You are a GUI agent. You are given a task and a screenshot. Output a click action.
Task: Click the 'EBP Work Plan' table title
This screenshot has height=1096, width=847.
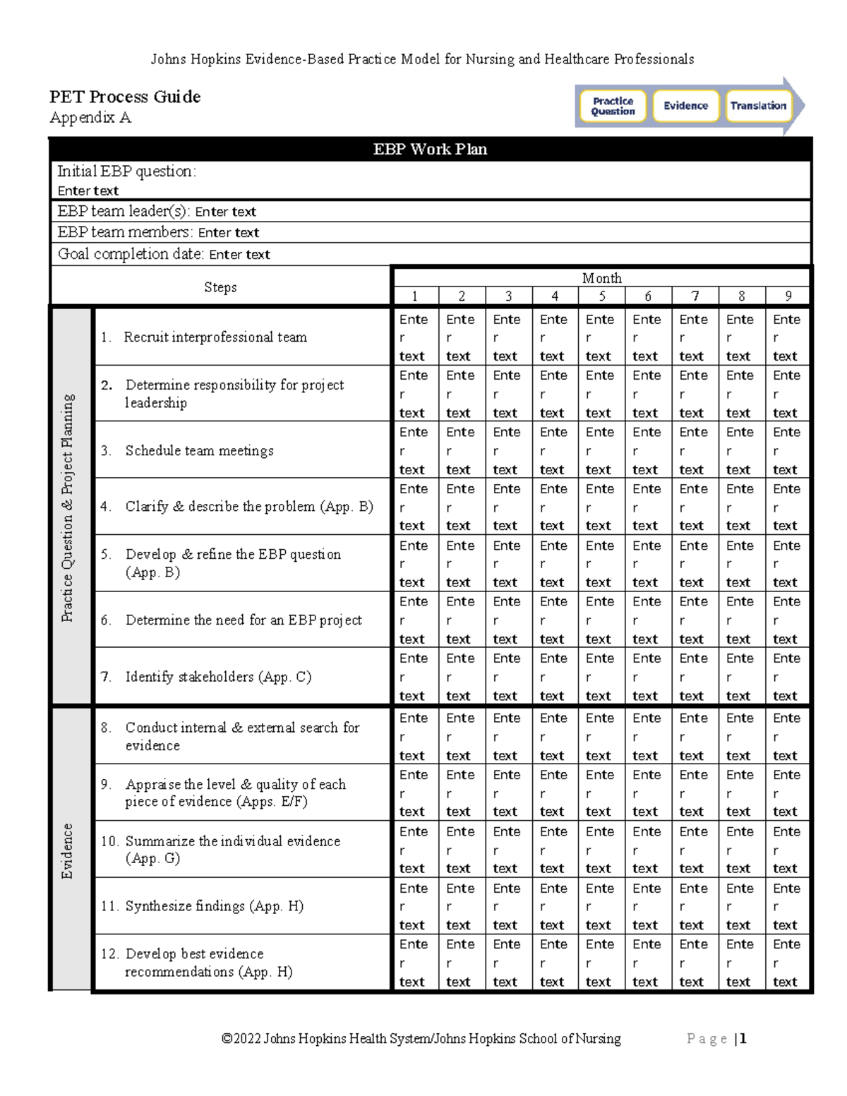(430, 149)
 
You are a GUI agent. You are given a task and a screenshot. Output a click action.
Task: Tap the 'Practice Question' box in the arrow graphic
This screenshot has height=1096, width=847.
(613, 107)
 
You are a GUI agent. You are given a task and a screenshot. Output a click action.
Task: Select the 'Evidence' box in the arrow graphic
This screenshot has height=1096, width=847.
(685, 106)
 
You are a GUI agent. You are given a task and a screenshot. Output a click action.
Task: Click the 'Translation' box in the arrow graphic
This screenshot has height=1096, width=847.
(758, 106)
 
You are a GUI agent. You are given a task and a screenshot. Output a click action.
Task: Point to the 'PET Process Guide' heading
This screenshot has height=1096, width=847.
(125, 97)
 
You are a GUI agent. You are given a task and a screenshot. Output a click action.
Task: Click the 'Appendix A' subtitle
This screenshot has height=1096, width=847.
(90, 118)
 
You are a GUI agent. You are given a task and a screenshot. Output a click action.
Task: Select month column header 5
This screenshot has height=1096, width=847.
(601, 296)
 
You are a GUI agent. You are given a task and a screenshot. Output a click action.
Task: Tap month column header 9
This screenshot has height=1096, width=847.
(788, 296)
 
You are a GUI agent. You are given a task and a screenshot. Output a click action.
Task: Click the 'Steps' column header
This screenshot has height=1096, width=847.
(220, 287)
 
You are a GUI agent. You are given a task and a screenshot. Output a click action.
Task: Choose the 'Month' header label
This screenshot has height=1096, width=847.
(601, 278)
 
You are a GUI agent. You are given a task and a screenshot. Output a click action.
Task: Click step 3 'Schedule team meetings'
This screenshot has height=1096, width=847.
(199, 450)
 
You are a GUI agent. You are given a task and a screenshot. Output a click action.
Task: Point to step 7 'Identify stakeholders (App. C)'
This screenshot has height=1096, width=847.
(218, 677)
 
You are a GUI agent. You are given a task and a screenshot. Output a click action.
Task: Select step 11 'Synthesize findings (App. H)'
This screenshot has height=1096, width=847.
(214, 906)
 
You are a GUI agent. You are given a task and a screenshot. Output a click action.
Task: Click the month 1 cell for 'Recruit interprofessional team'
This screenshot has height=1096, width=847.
(414, 337)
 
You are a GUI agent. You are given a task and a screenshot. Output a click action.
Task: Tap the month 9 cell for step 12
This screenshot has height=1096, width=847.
(786, 963)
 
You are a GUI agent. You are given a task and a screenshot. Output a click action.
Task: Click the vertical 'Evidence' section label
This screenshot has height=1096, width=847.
(68, 850)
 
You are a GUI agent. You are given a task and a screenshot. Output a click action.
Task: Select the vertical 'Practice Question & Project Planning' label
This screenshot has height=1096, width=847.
(68, 507)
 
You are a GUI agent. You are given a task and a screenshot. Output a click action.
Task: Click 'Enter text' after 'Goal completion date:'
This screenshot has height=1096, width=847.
(239, 255)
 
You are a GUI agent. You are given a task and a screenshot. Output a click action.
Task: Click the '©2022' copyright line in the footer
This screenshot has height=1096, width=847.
(421, 1039)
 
